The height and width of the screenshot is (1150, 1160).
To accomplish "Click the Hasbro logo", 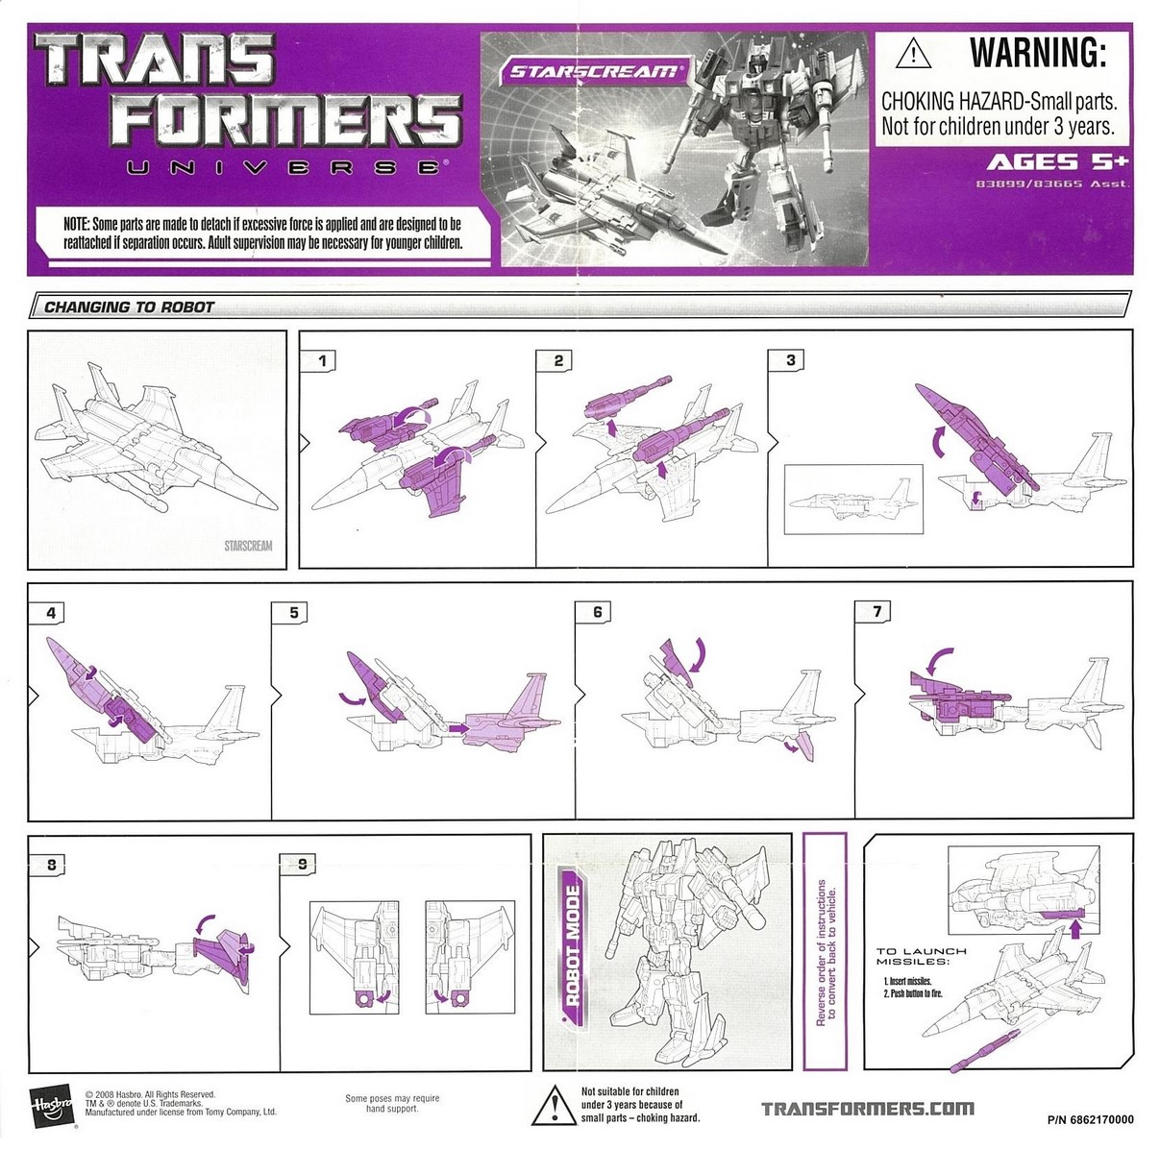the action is point(51,1109).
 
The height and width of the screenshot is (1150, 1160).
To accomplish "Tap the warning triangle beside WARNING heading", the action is point(913,54).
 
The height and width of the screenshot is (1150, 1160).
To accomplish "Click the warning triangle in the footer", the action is point(555,1106).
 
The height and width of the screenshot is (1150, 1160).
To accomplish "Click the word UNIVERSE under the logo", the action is point(284,167).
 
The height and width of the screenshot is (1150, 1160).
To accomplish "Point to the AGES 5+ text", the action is point(1057,161).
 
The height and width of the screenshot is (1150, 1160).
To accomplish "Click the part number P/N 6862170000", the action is point(1090,1119).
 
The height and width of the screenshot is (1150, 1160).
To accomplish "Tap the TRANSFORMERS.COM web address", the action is point(868,1109).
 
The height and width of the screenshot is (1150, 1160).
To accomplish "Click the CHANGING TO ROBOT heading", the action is point(130,306).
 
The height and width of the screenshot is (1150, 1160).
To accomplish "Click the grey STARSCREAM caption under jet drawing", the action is point(248,546).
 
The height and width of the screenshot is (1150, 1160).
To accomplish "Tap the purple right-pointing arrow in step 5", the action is point(458,728).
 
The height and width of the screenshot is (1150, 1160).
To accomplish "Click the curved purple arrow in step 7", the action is point(938,661).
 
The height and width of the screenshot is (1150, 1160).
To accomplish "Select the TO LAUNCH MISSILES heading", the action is point(922,956).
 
